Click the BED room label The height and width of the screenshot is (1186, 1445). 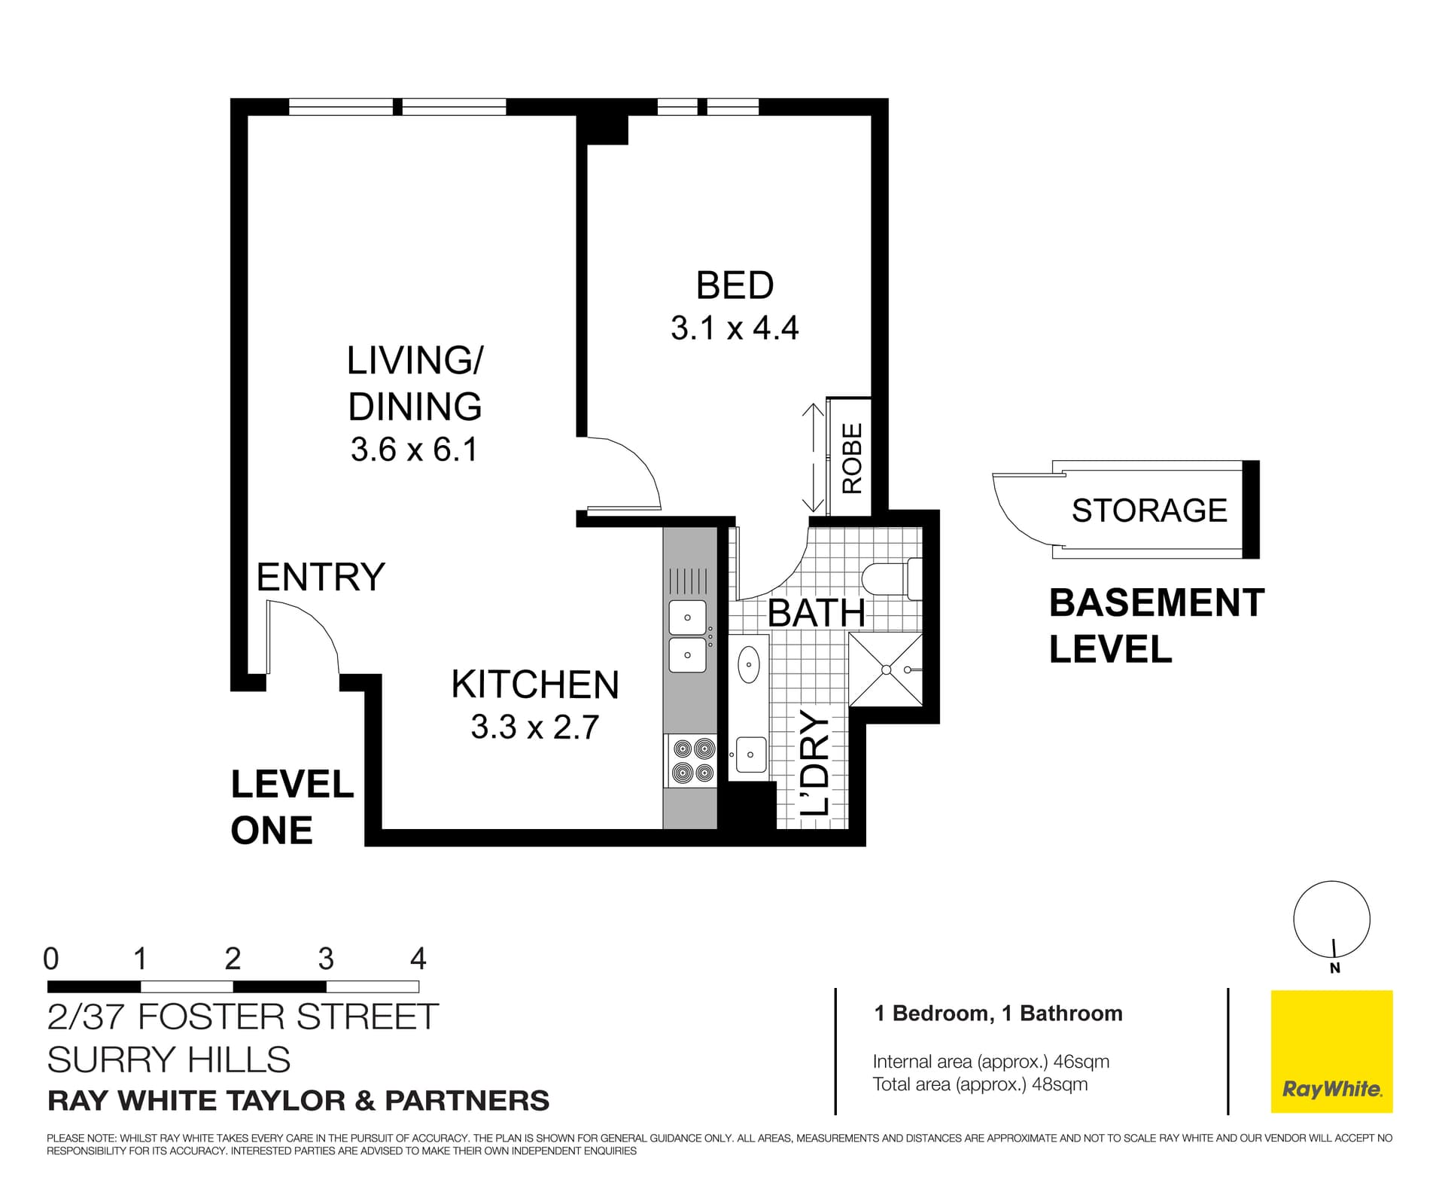(735, 286)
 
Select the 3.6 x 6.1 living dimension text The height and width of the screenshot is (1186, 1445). (414, 450)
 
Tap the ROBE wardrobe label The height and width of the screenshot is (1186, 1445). (852, 458)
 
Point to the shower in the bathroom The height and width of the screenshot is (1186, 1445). (886, 669)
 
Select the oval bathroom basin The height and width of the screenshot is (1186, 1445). (749, 664)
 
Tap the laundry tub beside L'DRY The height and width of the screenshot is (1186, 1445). (750, 754)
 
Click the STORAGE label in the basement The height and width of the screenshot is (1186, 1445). (1149, 511)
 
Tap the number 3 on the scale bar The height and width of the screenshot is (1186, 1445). (325, 959)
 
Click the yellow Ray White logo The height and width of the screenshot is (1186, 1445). (1331, 1051)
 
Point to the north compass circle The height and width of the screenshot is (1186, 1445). (1331, 919)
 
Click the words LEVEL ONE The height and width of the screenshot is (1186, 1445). (291, 807)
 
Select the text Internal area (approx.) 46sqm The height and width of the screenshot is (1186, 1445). (990, 1062)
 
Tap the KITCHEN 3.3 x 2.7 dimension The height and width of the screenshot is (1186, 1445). (534, 727)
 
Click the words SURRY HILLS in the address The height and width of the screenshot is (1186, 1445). (169, 1059)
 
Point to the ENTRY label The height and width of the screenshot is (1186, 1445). (321, 578)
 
